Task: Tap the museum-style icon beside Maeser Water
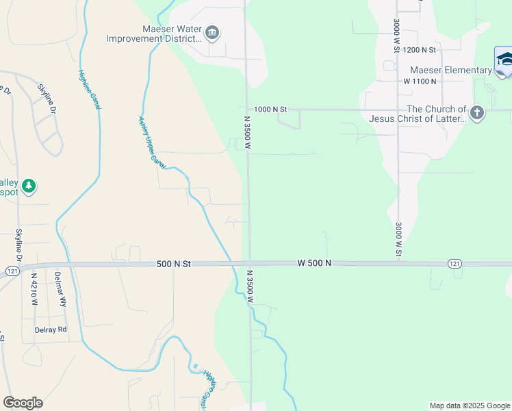point(212,32)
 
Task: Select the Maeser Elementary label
point(450,70)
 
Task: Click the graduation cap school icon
point(504,60)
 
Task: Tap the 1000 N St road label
point(270,109)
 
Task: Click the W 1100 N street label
point(420,81)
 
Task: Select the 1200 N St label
point(420,50)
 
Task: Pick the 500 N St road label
point(173,264)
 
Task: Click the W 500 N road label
point(314,263)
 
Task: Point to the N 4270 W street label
point(34,290)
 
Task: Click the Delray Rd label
point(51,329)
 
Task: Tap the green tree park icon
point(28,186)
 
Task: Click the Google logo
point(23,403)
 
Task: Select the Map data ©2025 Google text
point(469,406)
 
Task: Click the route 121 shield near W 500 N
point(455,264)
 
